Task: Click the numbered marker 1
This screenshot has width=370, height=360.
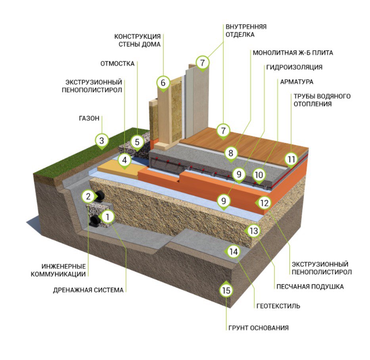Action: click(x=107, y=217)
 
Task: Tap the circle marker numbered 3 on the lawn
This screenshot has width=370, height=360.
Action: click(x=102, y=140)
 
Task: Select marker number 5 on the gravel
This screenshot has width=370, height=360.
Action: click(x=137, y=141)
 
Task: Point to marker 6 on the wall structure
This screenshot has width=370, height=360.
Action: click(x=163, y=83)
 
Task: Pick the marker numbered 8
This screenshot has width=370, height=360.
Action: click(x=231, y=153)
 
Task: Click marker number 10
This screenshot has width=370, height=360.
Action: click(x=259, y=174)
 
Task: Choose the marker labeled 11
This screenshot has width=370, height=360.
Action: click(x=291, y=160)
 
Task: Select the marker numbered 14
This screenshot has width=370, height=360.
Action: click(x=234, y=251)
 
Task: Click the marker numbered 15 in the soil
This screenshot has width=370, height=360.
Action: click(x=226, y=291)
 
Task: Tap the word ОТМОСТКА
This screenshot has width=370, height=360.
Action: click(x=123, y=63)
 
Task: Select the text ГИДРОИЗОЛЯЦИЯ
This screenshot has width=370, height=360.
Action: click(x=293, y=67)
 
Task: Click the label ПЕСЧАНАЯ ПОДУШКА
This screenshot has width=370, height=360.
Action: click(x=304, y=286)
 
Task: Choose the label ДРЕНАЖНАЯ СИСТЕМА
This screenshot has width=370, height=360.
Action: click(x=88, y=290)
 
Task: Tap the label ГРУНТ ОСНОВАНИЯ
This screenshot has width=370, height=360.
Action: click(x=258, y=328)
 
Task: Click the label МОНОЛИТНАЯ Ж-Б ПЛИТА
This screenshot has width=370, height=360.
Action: click(x=293, y=52)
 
